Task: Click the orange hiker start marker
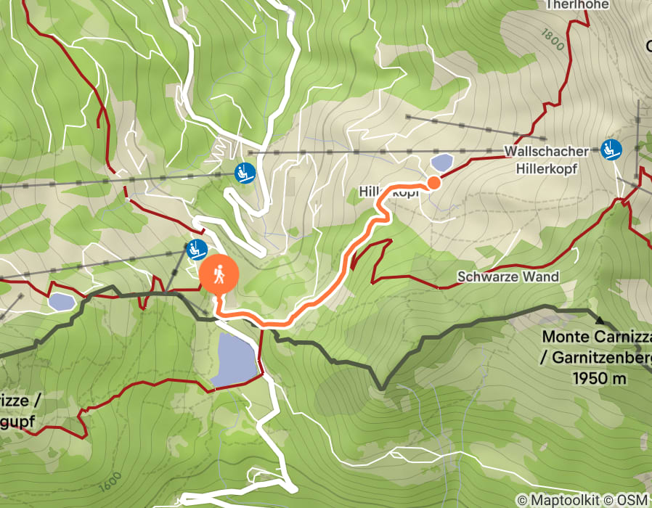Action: tap(219, 275)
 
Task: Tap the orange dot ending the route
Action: tap(433, 183)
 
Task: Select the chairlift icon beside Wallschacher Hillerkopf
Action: tap(611, 149)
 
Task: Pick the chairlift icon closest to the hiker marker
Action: tap(195, 249)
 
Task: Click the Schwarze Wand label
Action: tap(508, 276)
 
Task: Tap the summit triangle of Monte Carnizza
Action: tap(600, 319)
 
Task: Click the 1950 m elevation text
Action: tap(600, 378)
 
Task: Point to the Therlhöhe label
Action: tap(577, 4)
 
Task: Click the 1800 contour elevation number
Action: tap(553, 39)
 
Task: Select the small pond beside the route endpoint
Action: tap(441, 162)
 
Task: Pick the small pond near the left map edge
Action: tap(61, 300)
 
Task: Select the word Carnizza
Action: tap(619, 337)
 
